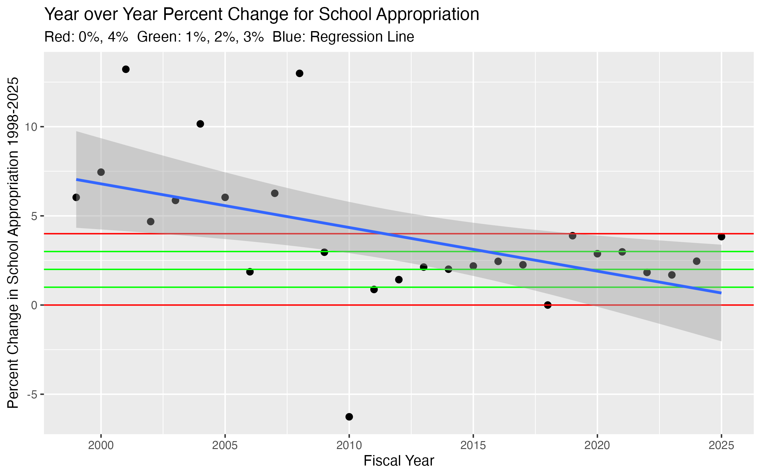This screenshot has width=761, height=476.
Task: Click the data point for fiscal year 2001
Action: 126,69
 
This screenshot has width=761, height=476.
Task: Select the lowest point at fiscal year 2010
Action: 349,417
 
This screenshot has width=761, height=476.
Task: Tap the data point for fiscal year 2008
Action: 300,73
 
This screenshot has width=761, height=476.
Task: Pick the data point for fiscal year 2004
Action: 200,124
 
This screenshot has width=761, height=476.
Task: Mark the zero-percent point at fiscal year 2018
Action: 548,305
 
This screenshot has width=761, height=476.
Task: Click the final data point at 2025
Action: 721,237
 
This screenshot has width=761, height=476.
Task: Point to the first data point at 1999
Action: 76,197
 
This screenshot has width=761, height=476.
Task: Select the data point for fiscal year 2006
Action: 250,272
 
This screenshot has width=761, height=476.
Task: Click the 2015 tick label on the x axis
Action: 473,446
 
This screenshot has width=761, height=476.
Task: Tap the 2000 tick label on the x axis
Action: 101,446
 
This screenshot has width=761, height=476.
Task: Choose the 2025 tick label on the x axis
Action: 721,446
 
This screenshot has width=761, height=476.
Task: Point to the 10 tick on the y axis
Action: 31,127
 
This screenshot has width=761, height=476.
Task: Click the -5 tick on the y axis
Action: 32,394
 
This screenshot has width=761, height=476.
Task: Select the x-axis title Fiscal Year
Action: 399,461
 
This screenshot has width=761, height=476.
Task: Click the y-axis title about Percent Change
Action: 13,243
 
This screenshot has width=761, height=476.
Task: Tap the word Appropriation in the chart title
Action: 428,14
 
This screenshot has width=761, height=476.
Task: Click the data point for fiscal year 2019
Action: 572,236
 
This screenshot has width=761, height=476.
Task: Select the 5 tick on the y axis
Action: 34,216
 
